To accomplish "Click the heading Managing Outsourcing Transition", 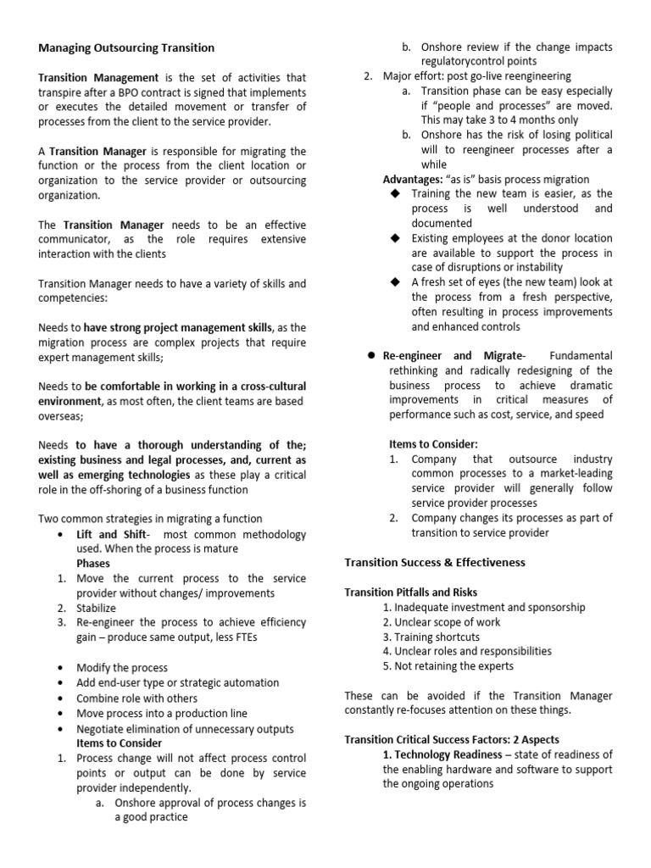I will pos(126,47).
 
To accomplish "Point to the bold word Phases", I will pos(93,563).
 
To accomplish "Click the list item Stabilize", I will pos(97,608).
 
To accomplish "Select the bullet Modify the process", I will pos(122,668).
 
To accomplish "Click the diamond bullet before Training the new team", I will pos(394,194).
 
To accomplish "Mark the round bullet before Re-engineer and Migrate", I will pos(370,355).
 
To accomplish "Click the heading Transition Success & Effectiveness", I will pos(435,562).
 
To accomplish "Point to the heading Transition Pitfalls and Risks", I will pos(410,593).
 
